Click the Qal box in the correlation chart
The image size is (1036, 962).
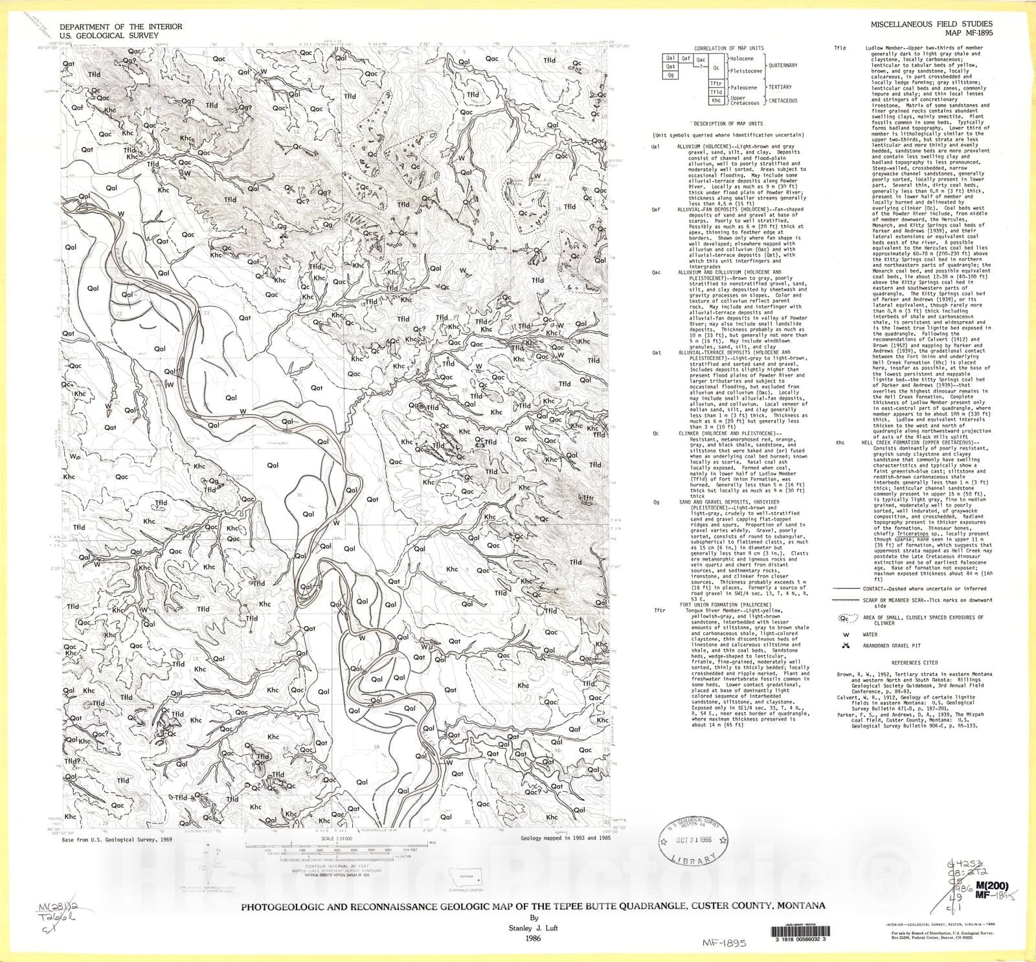pos(670,58)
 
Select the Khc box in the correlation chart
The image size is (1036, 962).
pos(715,100)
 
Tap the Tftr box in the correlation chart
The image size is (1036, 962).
pos(715,84)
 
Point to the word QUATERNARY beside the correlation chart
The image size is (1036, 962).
pos(783,65)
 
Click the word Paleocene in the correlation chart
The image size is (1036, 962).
pos(743,87)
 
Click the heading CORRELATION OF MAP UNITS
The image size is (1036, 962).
pos(728,49)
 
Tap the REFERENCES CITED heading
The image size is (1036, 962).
pos(914,663)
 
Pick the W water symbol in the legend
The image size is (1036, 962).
pos(845,635)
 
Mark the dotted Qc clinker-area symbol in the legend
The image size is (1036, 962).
pos(845,619)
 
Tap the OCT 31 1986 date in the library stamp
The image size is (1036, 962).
pos(693,840)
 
